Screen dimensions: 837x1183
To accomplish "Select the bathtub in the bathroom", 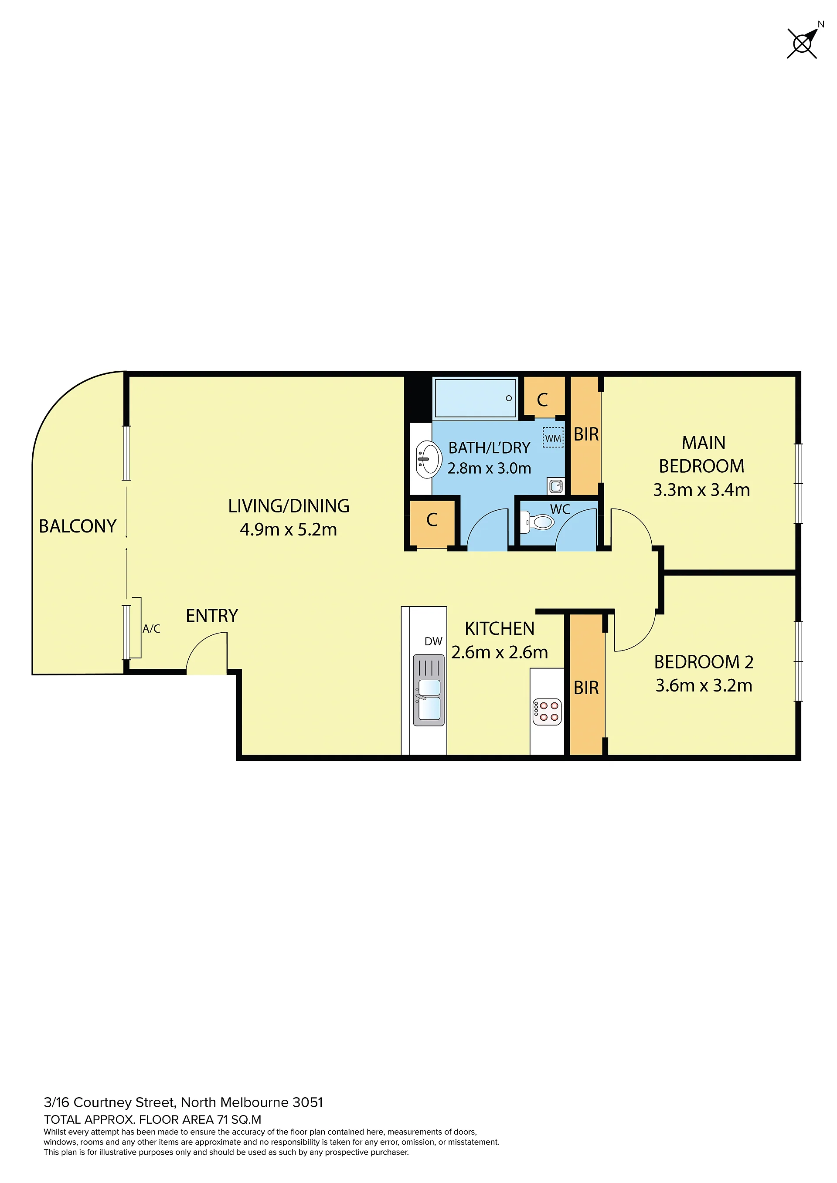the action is (475, 398).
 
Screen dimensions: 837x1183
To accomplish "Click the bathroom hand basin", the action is (428, 458).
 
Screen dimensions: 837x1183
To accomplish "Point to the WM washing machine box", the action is (553, 437).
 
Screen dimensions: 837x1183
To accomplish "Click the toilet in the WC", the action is (537, 522).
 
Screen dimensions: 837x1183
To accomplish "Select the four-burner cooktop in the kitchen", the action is (547, 712).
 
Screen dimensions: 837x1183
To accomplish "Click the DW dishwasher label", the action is (433, 641).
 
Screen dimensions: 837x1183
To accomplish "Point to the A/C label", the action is (152, 629).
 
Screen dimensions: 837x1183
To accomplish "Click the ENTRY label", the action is (212, 615).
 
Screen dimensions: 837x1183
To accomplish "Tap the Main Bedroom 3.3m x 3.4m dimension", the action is (701, 489).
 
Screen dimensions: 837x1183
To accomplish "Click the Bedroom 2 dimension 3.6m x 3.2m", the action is (704, 685).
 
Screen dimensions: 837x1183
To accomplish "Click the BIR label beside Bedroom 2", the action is (586, 688).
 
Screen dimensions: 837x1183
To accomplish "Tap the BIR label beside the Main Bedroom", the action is (586, 434).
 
